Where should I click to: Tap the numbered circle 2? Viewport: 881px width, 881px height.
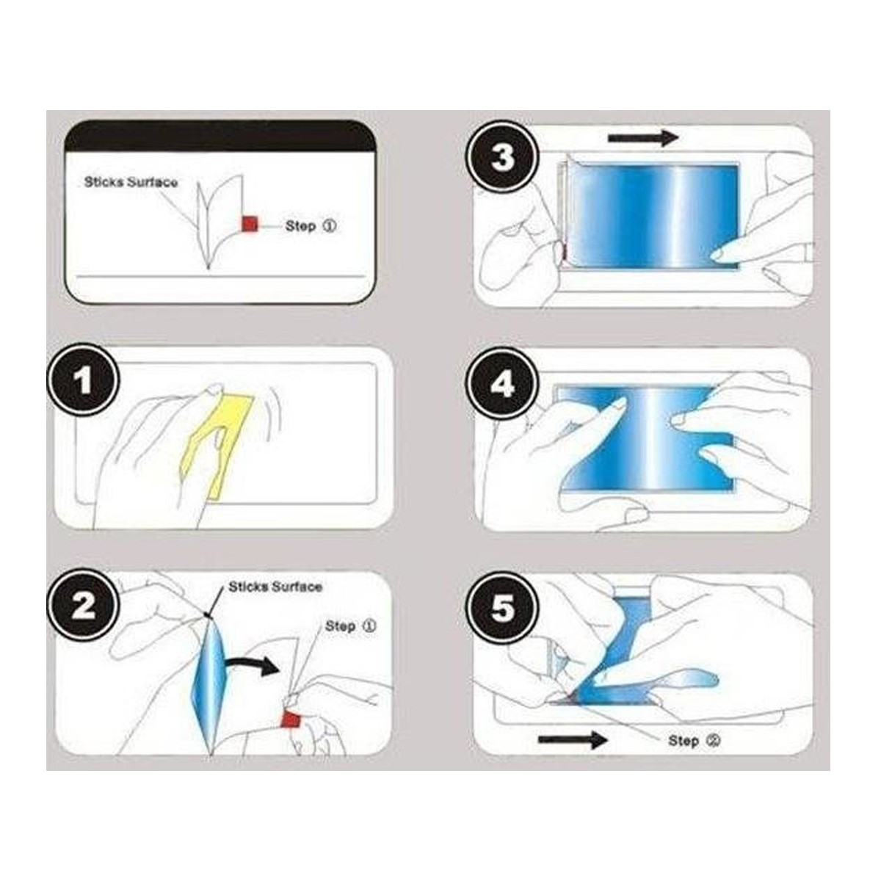click(x=83, y=606)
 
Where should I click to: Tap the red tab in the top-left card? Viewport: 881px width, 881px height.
click(x=249, y=224)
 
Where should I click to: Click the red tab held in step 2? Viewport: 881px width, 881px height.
click(x=291, y=717)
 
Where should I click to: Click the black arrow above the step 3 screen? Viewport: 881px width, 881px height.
click(x=643, y=137)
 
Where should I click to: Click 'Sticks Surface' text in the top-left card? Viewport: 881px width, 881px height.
click(x=131, y=182)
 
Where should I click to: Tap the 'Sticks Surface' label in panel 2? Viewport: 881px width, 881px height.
click(x=275, y=587)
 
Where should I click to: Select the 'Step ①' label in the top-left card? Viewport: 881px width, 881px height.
click(x=311, y=226)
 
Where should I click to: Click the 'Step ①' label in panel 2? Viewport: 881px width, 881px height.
click(x=350, y=626)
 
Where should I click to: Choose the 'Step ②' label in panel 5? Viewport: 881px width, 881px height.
click(x=694, y=741)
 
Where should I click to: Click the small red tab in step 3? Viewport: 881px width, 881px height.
click(x=562, y=253)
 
